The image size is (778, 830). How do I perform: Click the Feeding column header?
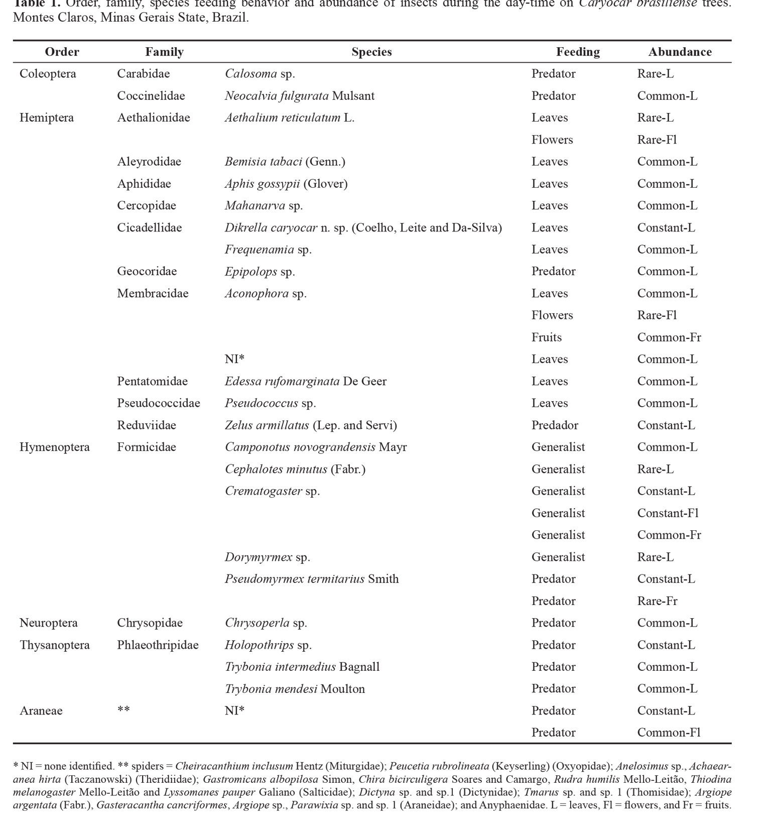[578, 52]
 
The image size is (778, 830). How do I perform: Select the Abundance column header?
[680, 52]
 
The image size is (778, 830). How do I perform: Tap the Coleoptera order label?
[48, 74]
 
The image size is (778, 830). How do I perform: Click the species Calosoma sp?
[260, 74]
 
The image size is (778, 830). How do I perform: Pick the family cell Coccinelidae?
[151, 96]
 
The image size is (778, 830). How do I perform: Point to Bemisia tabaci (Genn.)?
[285, 162]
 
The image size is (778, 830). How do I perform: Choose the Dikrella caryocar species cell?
[363, 227]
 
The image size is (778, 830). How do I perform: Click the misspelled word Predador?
[555, 425]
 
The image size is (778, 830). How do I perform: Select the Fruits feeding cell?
[546, 337]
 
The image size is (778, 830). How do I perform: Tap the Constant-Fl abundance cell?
[668, 513]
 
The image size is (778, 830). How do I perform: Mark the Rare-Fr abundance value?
[657, 601]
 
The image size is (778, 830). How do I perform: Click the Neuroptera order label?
[48, 623]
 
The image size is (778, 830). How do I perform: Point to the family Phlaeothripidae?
[158, 645]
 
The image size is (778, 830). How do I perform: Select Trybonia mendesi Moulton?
[295, 689]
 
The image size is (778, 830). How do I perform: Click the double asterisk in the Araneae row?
[123, 710]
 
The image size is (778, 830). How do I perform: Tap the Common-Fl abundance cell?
[669, 733]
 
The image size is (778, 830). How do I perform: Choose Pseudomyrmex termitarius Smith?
[311, 579]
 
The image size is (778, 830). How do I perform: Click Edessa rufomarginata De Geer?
[305, 382]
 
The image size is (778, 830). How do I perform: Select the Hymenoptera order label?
[54, 447]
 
